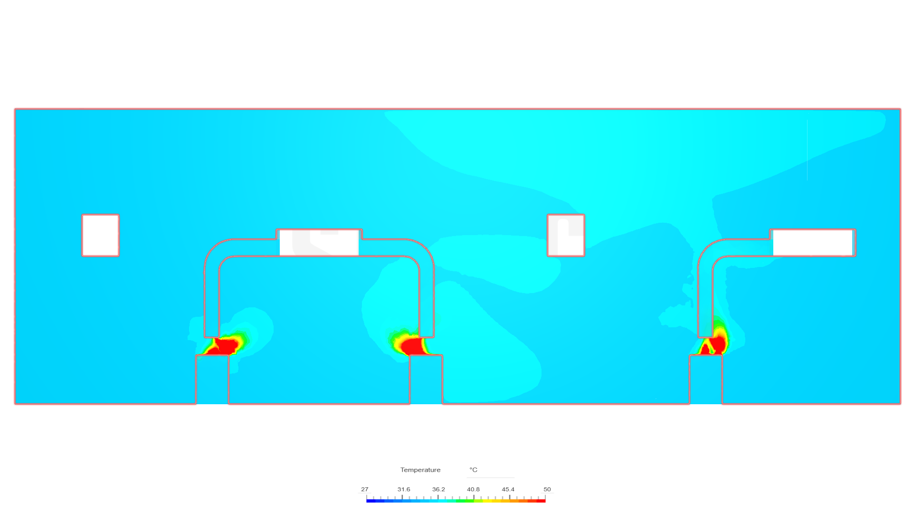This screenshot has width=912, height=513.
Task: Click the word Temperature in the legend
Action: point(420,470)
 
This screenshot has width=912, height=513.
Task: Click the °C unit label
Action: point(473,470)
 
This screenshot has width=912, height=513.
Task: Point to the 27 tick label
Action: point(364,489)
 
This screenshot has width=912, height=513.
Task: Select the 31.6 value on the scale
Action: point(404,489)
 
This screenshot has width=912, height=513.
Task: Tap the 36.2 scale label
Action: point(438,489)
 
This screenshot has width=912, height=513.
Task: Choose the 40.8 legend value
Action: point(473,489)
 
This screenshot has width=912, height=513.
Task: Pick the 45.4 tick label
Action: point(508,489)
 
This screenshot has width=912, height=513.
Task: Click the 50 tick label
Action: point(547,489)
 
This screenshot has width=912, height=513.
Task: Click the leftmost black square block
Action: point(100,236)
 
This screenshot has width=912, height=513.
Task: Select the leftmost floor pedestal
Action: point(212,380)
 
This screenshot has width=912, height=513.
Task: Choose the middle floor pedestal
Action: point(426,380)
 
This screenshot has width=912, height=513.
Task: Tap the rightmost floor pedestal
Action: point(706,380)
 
